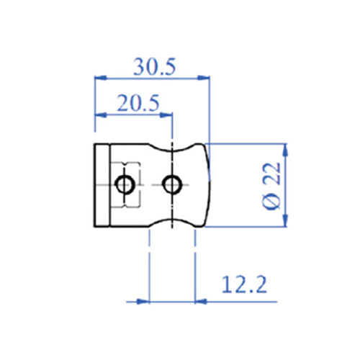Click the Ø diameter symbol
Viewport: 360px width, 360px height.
click(271, 202)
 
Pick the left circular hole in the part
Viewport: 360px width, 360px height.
click(125, 185)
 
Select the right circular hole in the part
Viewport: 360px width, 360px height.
click(171, 185)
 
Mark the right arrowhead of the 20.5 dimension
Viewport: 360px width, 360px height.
click(167, 113)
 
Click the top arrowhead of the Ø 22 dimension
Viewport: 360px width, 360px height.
click(286, 149)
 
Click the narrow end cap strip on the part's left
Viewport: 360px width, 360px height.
click(102, 185)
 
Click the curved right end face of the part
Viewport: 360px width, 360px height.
click(208, 185)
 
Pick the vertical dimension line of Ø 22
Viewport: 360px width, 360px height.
click(286, 185)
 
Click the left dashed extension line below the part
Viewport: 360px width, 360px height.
click(148, 266)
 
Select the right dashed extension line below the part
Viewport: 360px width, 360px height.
click(194, 266)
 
